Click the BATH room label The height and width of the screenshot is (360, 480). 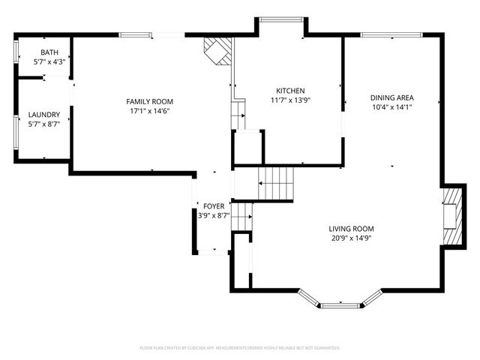click(x=49, y=52)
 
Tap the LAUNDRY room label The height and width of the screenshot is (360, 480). click(x=43, y=115)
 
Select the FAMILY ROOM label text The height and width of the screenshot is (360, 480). click(x=149, y=101)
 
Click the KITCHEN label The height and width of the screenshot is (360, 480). click(x=289, y=90)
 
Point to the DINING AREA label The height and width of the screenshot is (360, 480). click(x=392, y=97)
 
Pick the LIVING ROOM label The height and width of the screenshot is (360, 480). click(x=351, y=229)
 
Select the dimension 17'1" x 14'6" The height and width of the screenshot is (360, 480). click(x=149, y=111)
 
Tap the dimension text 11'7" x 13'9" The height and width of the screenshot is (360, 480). click(x=289, y=100)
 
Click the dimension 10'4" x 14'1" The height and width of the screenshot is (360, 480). click(x=392, y=107)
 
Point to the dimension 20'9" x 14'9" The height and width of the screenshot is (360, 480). click(x=351, y=238)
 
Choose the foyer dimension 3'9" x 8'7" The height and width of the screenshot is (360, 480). click(x=212, y=215)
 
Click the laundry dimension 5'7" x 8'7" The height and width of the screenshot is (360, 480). click(x=43, y=124)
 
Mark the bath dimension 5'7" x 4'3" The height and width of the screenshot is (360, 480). click(x=49, y=62)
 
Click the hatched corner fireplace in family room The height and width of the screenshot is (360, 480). click(x=218, y=51)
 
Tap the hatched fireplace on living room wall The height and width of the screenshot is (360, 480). click(x=453, y=216)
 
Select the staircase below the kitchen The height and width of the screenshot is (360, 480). click(x=276, y=182)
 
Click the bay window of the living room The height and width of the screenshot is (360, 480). click(x=341, y=303)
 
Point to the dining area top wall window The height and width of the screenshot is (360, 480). click(x=391, y=34)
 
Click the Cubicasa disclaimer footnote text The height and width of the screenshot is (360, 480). click(x=240, y=348)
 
